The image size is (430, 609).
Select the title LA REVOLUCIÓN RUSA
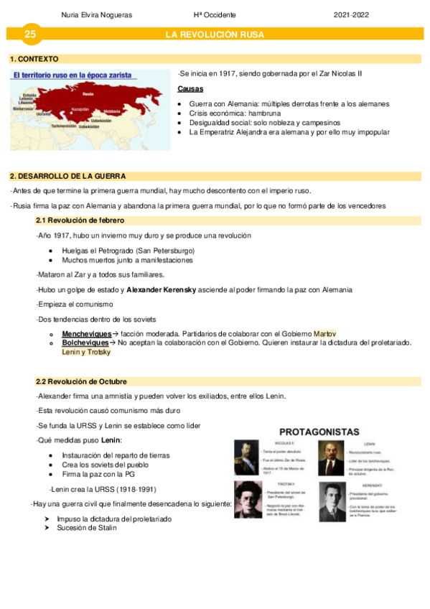pyautogui.click(x=215, y=34)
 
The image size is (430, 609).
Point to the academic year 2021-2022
pyautogui.click(x=352, y=14)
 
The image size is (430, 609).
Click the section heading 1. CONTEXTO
pyautogui.click(x=34, y=59)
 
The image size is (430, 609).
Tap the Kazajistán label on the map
pyautogui.click(x=79, y=110)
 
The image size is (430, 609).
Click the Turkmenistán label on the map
pyautogui.click(x=63, y=126)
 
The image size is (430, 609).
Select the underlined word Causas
pyautogui.click(x=190, y=89)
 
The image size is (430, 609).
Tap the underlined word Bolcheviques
pyautogui.click(x=85, y=343)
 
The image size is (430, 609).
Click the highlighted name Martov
pyautogui.click(x=325, y=334)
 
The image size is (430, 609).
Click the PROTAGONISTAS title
pyautogui.click(x=318, y=432)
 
